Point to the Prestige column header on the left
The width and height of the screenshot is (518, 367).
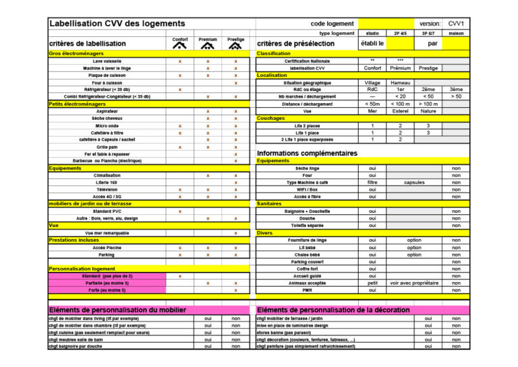[x=235, y=40]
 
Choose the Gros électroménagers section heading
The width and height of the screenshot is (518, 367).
[x=77, y=53]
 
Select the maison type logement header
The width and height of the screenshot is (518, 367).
[x=457, y=33]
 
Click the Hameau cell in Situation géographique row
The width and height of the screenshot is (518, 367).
[x=400, y=82]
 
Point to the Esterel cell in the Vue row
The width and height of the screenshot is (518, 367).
[x=400, y=111]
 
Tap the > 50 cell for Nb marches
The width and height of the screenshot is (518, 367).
[x=457, y=96]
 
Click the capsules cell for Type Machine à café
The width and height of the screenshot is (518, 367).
[x=414, y=182]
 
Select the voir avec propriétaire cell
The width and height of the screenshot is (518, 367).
[x=414, y=283]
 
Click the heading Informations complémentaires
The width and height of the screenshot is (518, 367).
[x=307, y=154]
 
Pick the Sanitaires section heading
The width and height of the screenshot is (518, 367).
[x=269, y=203]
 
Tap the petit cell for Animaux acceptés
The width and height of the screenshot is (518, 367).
[x=372, y=283]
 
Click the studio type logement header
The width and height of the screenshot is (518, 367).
[x=372, y=33]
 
